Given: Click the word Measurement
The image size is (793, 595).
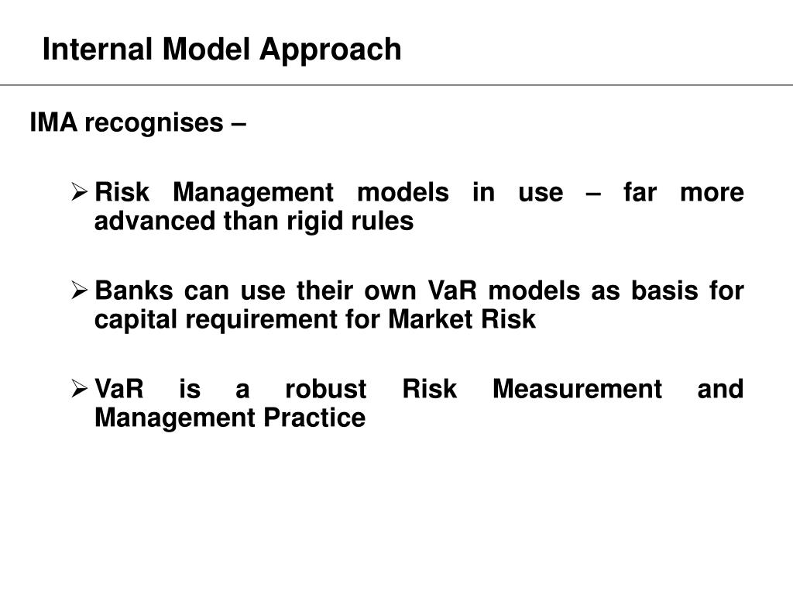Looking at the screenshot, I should (577, 389).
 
